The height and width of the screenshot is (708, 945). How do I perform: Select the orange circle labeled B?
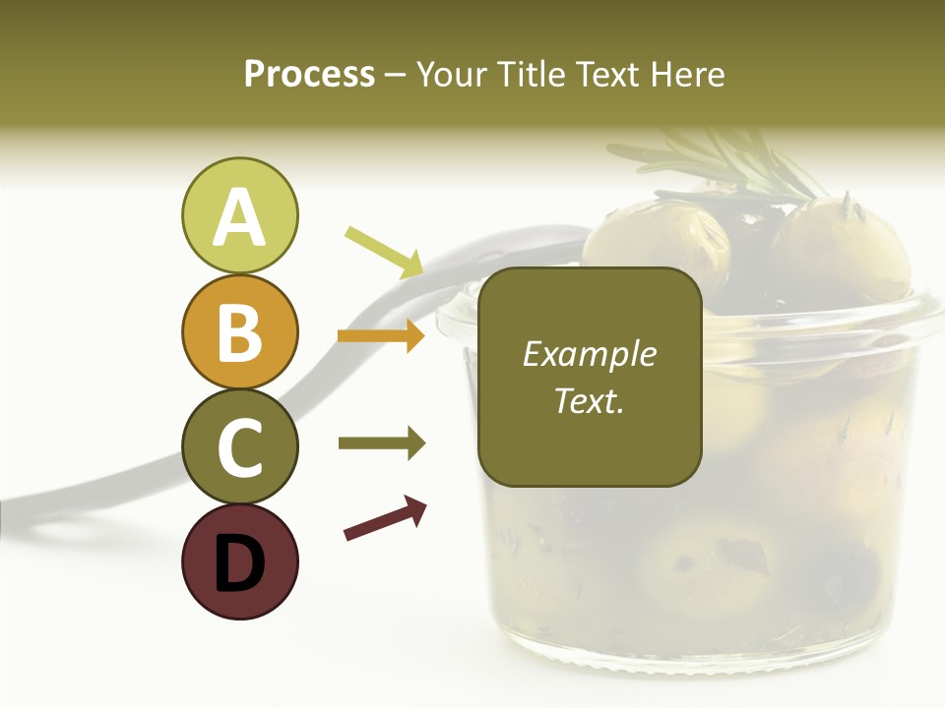coord(239,331)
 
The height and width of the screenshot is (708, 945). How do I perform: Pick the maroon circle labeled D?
coord(239,561)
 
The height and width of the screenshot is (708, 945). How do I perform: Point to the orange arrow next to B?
coord(381,336)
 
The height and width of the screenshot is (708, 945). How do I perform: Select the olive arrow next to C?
coord(381,443)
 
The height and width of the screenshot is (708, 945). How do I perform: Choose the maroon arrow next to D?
coord(385,518)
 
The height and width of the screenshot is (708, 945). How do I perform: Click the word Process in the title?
coord(309,74)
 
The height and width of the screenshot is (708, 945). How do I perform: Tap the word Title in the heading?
coord(529,74)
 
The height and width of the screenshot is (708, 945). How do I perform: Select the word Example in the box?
coord(589,354)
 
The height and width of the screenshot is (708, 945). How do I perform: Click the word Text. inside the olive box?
coord(589,400)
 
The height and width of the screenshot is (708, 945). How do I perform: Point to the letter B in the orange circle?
coord(239,331)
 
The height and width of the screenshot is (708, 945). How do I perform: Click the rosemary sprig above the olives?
coord(728,162)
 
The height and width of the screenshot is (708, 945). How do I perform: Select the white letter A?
coord(239,216)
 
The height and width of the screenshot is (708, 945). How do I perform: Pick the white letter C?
coord(239,447)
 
